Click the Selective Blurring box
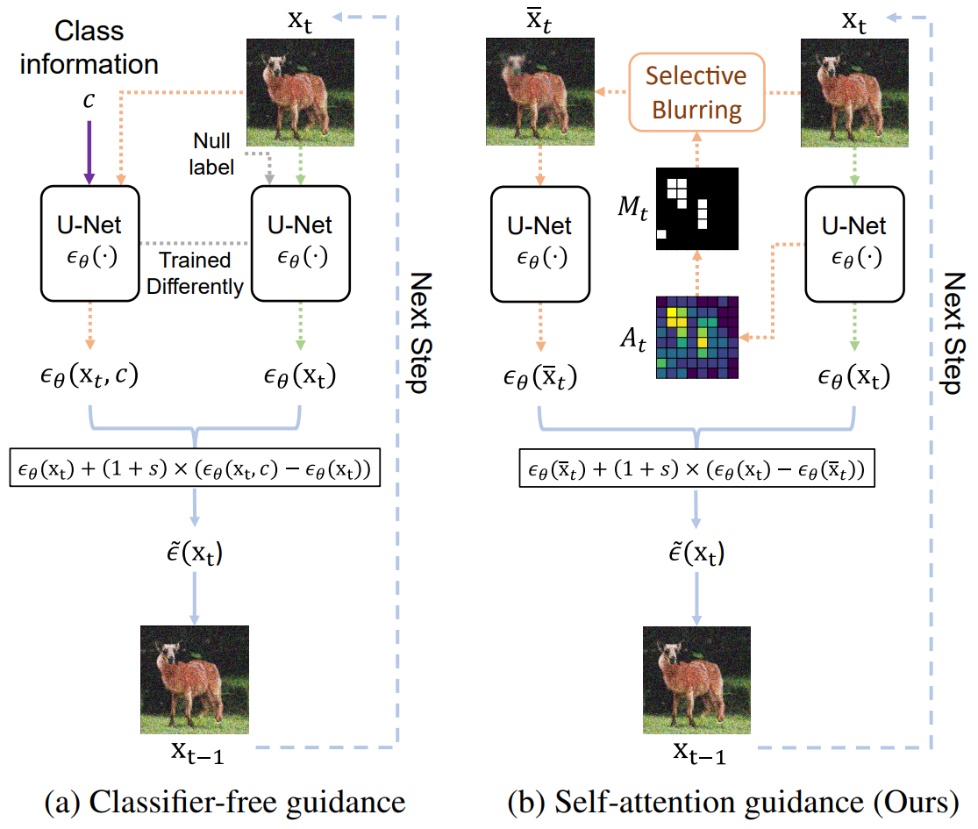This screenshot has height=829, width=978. point(696,92)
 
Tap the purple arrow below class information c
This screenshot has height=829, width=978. point(89,152)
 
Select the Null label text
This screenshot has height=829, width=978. point(211,154)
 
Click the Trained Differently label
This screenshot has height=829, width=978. point(195,273)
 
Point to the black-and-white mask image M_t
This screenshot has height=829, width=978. point(697,209)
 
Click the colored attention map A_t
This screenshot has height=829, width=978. point(697,338)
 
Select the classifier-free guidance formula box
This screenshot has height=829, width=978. point(196,468)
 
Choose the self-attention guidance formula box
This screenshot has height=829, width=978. point(696,468)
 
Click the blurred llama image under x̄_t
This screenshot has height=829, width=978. point(540,92)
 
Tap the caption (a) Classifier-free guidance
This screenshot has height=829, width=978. point(225,802)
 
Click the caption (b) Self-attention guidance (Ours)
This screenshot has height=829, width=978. point(733,802)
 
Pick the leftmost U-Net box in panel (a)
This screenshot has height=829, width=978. point(89,244)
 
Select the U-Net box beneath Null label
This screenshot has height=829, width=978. point(301,244)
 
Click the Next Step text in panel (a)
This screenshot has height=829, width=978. point(420,332)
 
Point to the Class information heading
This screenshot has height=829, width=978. point(89,47)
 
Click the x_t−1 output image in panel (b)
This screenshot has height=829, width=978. point(696,680)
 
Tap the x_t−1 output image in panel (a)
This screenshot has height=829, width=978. point(195,680)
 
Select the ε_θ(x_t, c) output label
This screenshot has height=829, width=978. point(89,375)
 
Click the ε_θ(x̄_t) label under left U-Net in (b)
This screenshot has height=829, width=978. point(540,376)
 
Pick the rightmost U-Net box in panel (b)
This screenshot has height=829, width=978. point(854,244)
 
